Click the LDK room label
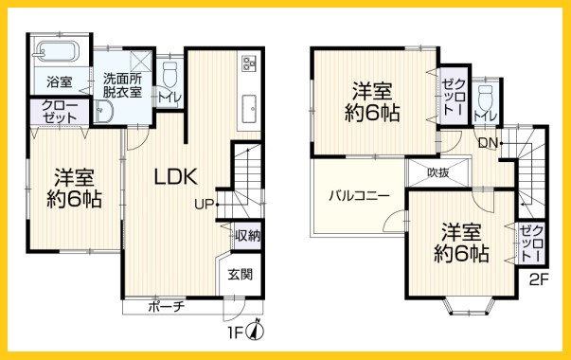pyautogui.click(x=174, y=175)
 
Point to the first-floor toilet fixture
pyautogui.click(x=170, y=75)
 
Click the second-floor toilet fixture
pyautogui.click(x=485, y=97)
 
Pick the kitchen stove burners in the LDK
pyautogui.click(x=251, y=63)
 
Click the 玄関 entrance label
pyautogui.click(x=240, y=275)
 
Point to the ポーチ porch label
pyautogui.click(x=167, y=307)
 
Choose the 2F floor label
pyautogui.click(x=539, y=279)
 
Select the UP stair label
pyautogui.click(x=205, y=203)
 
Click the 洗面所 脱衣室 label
pyautogui.click(x=123, y=86)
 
